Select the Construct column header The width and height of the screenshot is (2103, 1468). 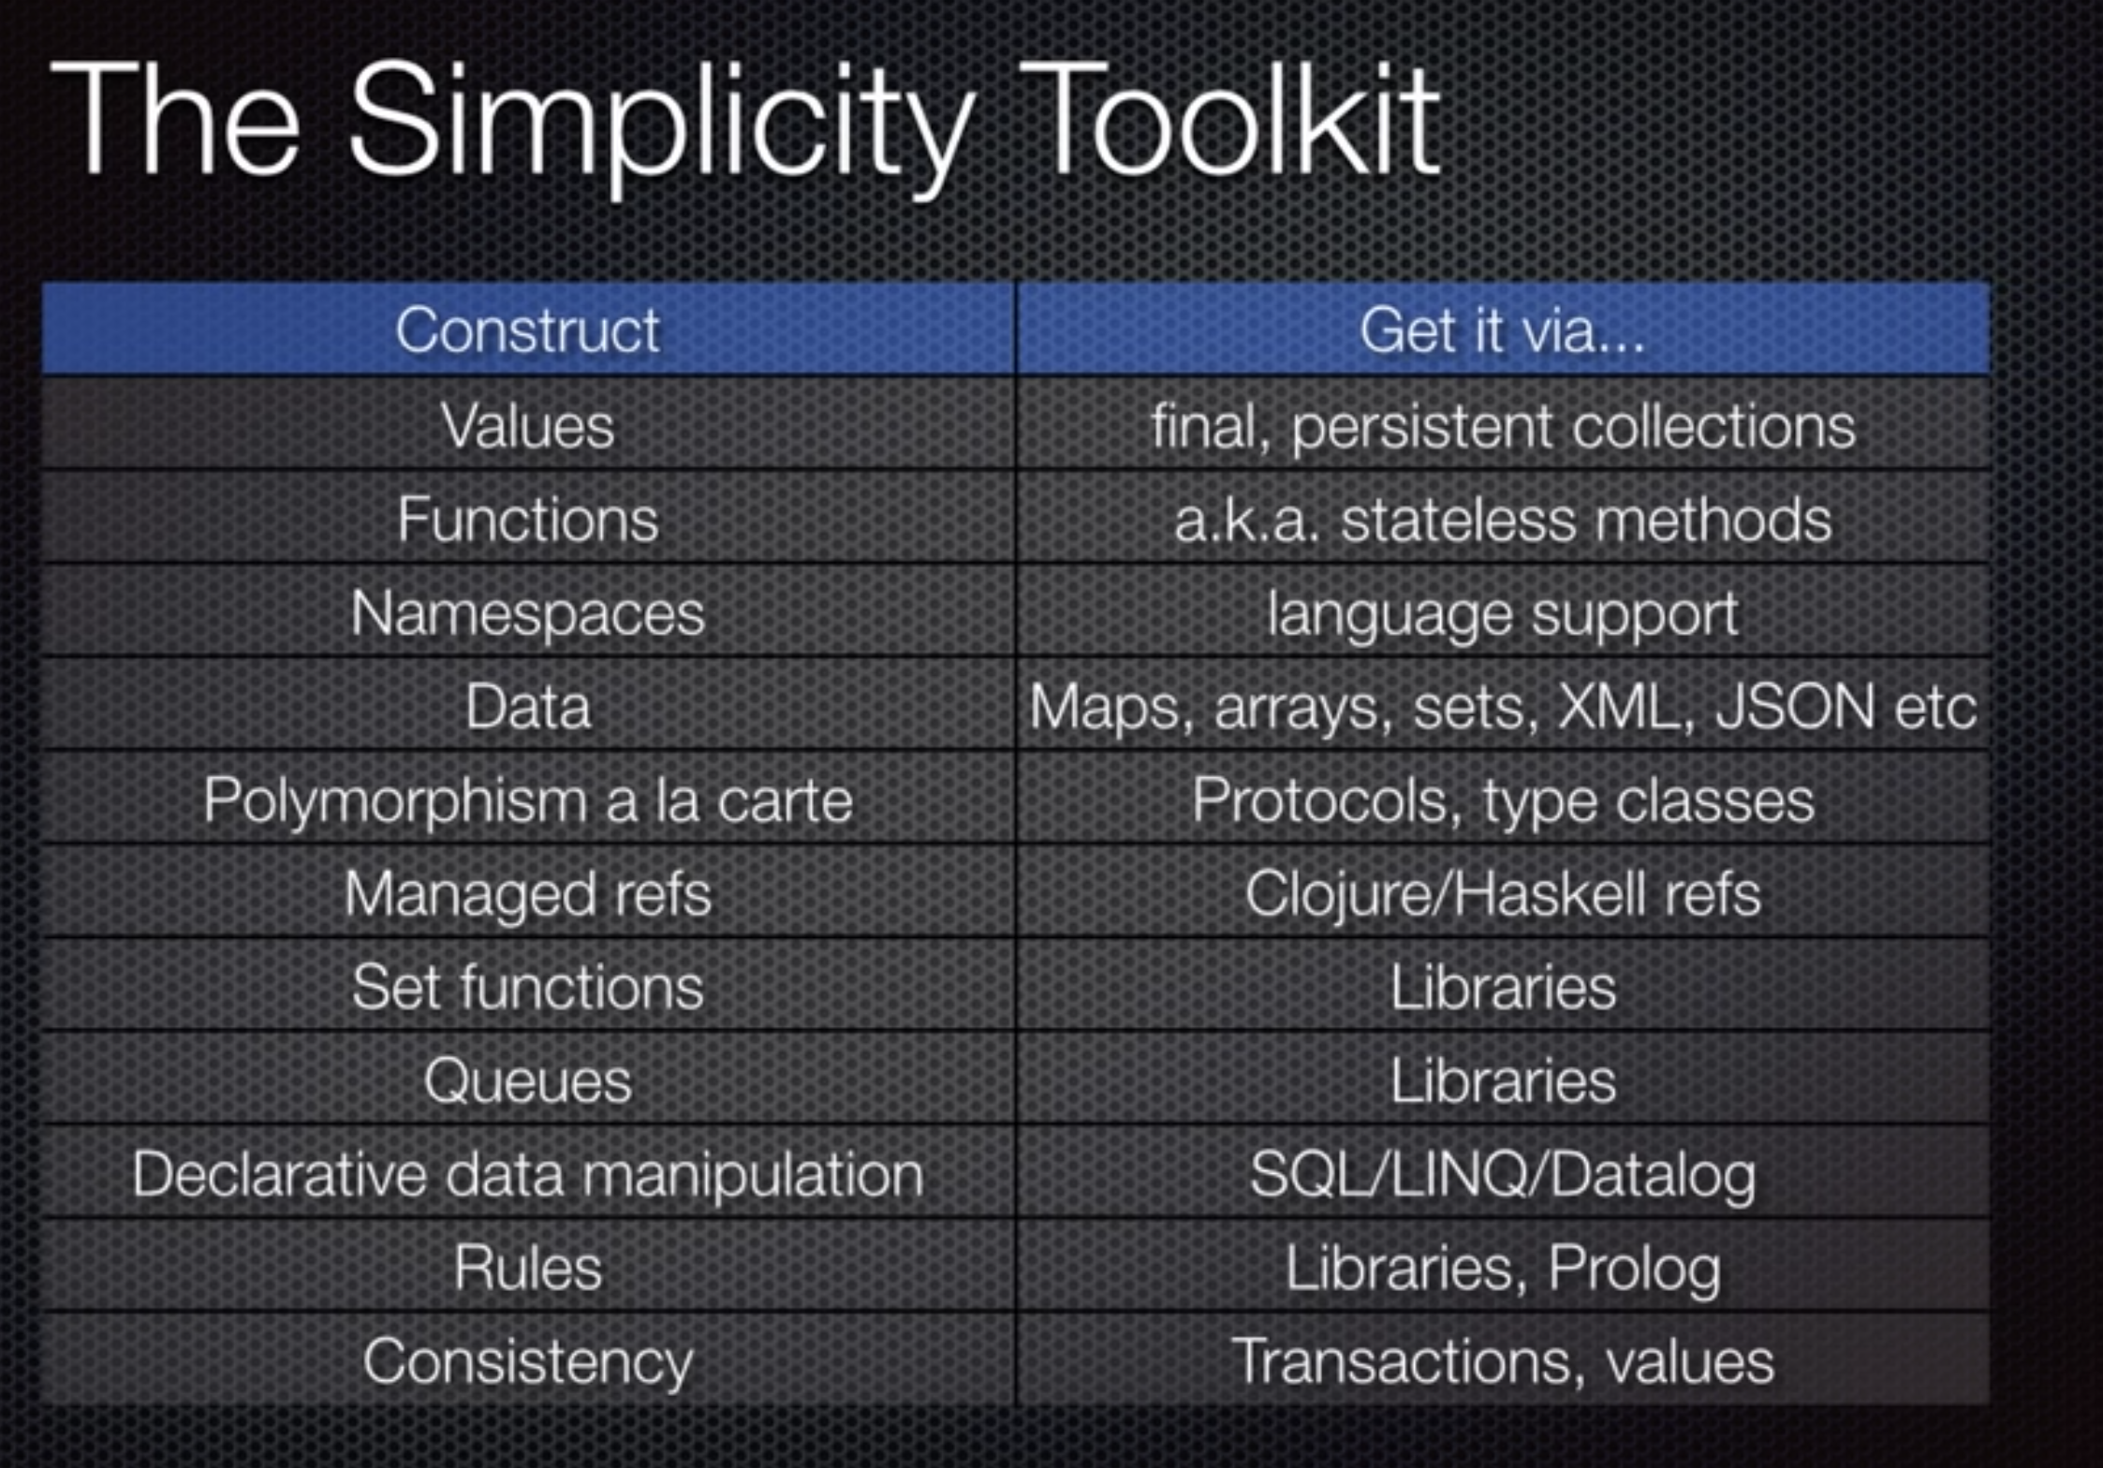click(528, 330)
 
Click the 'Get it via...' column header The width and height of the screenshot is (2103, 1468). click(1502, 330)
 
